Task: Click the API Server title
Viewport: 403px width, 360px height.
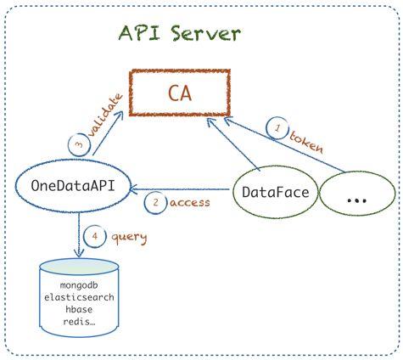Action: click(180, 33)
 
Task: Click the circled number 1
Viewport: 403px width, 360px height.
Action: click(277, 128)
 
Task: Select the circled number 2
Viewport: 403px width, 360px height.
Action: click(155, 203)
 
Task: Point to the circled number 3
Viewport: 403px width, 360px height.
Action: click(80, 144)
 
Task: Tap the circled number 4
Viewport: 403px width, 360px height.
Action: click(95, 236)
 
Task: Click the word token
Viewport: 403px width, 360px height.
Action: click(306, 142)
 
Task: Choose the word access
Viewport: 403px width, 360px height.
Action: click(190, 203)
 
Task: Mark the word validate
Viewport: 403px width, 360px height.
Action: click(105, 115)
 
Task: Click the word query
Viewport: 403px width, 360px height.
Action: click(129, 238)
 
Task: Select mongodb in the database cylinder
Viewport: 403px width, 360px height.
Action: click(79, 285)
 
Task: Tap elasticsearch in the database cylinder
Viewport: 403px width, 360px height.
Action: click(79, 297)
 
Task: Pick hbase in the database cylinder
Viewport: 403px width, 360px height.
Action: click(79, 309)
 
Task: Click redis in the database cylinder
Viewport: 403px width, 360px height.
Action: click(79, 322)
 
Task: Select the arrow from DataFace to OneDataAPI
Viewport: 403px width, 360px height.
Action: click(180, 189)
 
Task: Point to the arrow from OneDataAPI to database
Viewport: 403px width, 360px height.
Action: click(79, 234)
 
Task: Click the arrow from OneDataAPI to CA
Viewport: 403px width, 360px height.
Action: click(109, 132)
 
